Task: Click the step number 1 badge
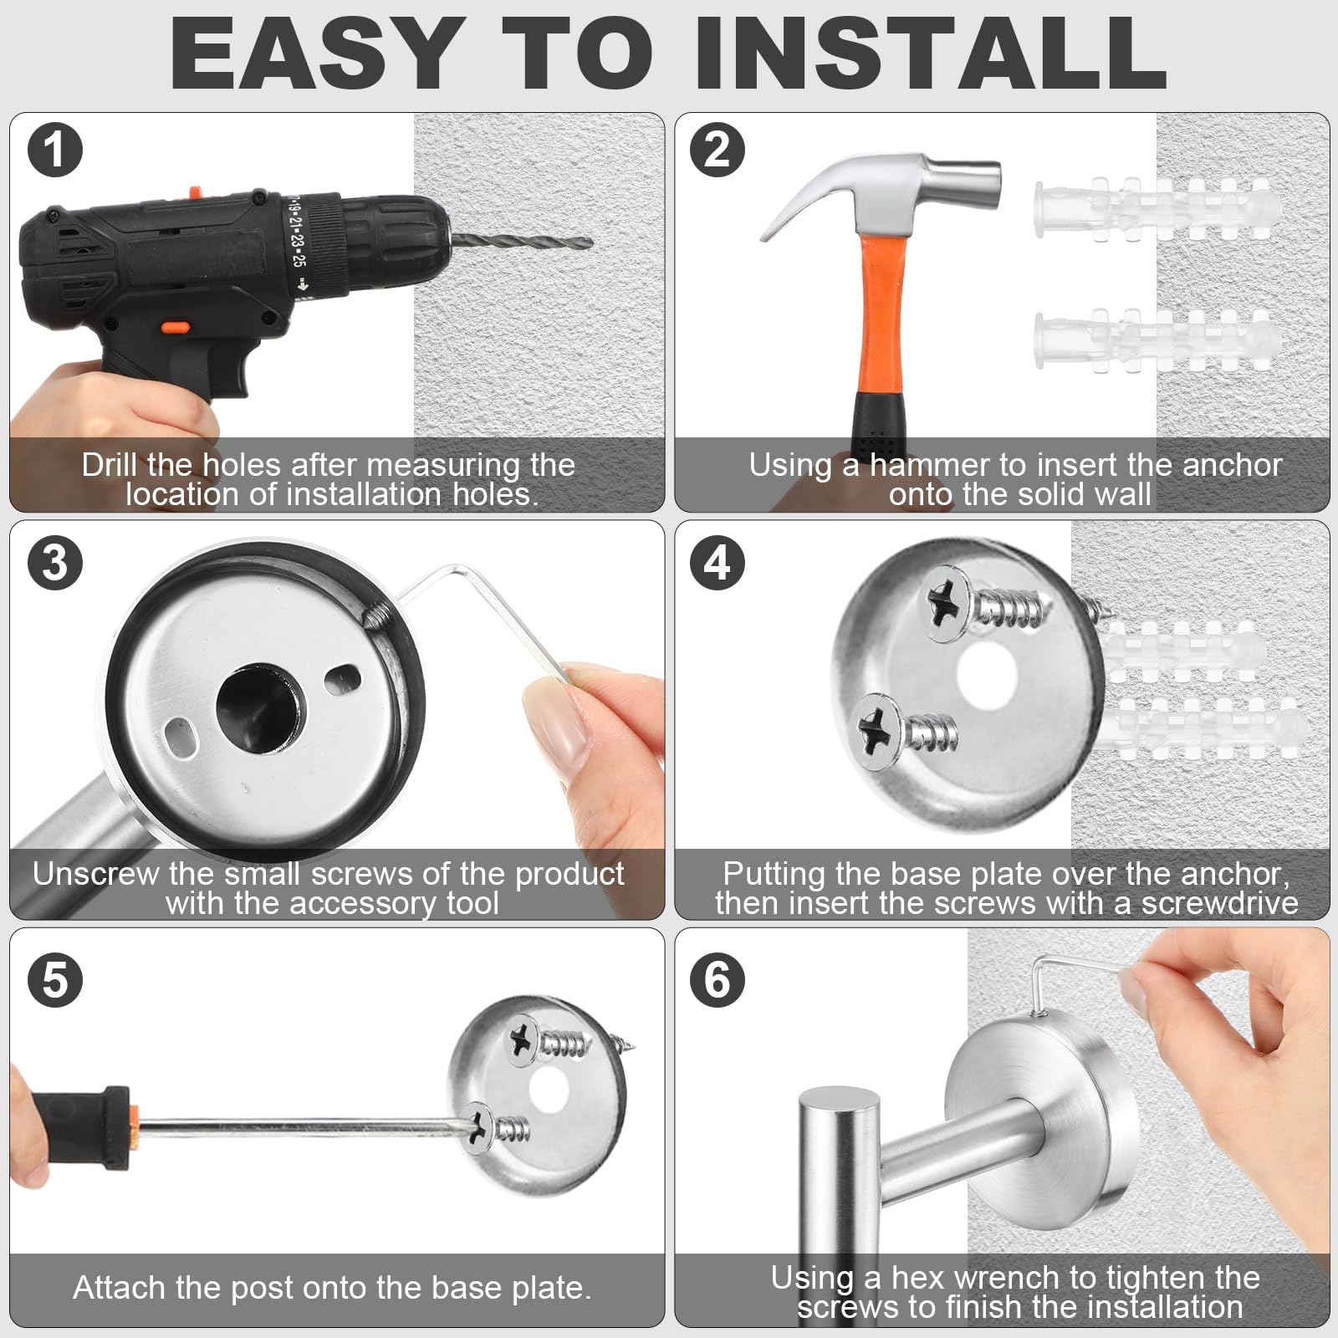[54, 151]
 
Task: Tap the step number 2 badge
[718, 151]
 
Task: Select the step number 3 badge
[54, 563]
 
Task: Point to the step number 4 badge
[718, 563]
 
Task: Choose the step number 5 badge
[54, 979]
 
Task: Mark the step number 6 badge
[718, 979]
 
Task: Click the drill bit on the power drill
[520, 240]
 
